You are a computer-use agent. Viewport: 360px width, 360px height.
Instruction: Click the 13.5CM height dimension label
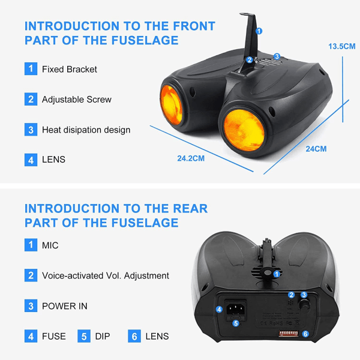click(341, 46)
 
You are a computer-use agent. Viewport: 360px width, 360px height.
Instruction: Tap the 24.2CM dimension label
click(191, 158)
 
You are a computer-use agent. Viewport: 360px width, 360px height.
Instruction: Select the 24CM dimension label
click(316, 149)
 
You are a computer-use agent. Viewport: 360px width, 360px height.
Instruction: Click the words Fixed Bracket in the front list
click(70, 70)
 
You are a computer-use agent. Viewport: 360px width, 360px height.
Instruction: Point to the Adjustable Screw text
click(77, 100)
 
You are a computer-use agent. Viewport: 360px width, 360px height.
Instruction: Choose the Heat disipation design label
click(86, 130)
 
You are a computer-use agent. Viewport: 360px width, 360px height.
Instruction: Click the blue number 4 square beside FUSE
click(31, 337)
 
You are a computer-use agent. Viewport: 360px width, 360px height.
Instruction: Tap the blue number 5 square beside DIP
click(84, 337)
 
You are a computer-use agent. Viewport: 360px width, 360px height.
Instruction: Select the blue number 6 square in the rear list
click(134, 337)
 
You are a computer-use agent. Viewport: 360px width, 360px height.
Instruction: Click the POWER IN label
click(65, 306)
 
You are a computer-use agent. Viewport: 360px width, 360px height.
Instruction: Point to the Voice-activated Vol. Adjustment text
click(106, 276)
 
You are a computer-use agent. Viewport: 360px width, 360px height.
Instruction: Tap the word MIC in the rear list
click(50, 245)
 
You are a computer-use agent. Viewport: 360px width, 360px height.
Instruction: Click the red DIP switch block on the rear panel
click(289, 334)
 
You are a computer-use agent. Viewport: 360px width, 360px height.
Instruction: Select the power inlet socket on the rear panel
click(236, 309)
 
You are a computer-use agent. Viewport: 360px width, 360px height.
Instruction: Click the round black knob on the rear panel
click(304, 305)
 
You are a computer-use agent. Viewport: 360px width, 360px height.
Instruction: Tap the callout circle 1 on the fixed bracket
click(259, 31)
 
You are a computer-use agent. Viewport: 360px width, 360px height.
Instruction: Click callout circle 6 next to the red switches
click(305, 334)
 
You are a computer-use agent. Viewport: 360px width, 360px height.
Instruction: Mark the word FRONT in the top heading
click(194, 26)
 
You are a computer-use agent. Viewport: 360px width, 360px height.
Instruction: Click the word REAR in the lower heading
click(190, 209)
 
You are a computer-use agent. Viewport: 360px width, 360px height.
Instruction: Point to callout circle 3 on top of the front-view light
click(277, 56)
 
